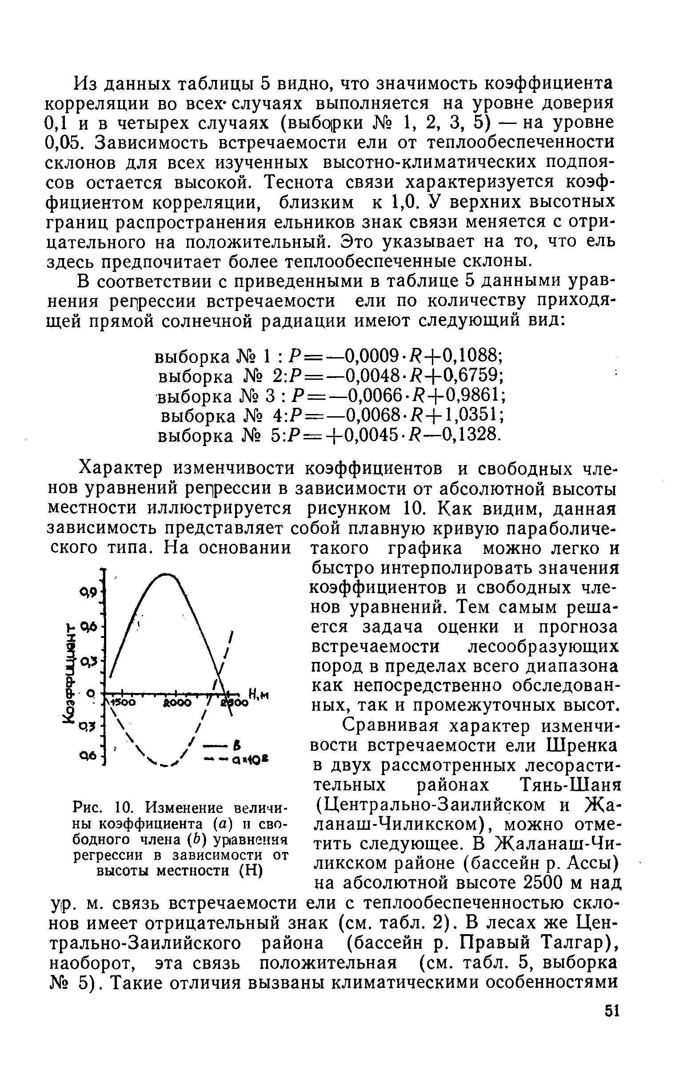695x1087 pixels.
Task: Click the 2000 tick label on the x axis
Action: pyautogui.click(x=177, y=703)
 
